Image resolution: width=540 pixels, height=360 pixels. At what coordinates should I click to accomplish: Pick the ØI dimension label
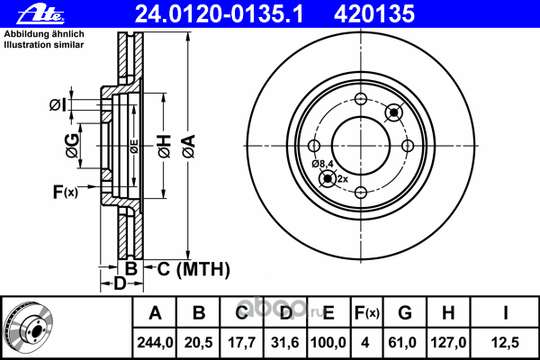tap(58, 105)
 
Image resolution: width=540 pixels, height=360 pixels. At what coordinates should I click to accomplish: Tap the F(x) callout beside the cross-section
tap(66, 191)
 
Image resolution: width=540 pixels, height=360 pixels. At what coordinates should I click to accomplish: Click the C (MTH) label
tap(193, 268)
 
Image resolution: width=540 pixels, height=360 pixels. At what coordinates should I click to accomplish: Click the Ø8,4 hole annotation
tap(323, 163)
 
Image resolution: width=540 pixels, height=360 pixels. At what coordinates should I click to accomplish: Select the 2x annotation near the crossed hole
tap(342, 179)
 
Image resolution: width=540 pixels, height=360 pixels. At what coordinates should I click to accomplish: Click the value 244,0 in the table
tap(156, 342)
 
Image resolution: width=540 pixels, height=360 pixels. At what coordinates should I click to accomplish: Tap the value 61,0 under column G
tap(404, 342)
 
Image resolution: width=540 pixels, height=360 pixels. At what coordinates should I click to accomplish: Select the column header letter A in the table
tap(156, 314)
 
